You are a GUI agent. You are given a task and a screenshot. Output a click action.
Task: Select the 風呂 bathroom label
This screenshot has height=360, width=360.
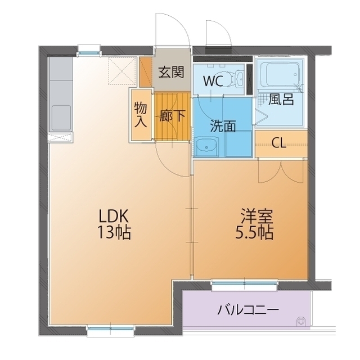coord(281,100)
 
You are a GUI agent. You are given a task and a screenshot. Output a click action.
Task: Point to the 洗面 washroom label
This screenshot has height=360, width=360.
coord(223,126)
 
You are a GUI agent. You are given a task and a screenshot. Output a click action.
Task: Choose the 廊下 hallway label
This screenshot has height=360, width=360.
coord(172,116)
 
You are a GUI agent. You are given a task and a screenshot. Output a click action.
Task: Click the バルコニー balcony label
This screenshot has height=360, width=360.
coord(248,310)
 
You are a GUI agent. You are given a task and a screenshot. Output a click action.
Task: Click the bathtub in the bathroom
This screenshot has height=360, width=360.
coord(281,74)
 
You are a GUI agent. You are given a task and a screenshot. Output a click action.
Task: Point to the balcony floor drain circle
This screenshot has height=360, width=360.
coord(300,321)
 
